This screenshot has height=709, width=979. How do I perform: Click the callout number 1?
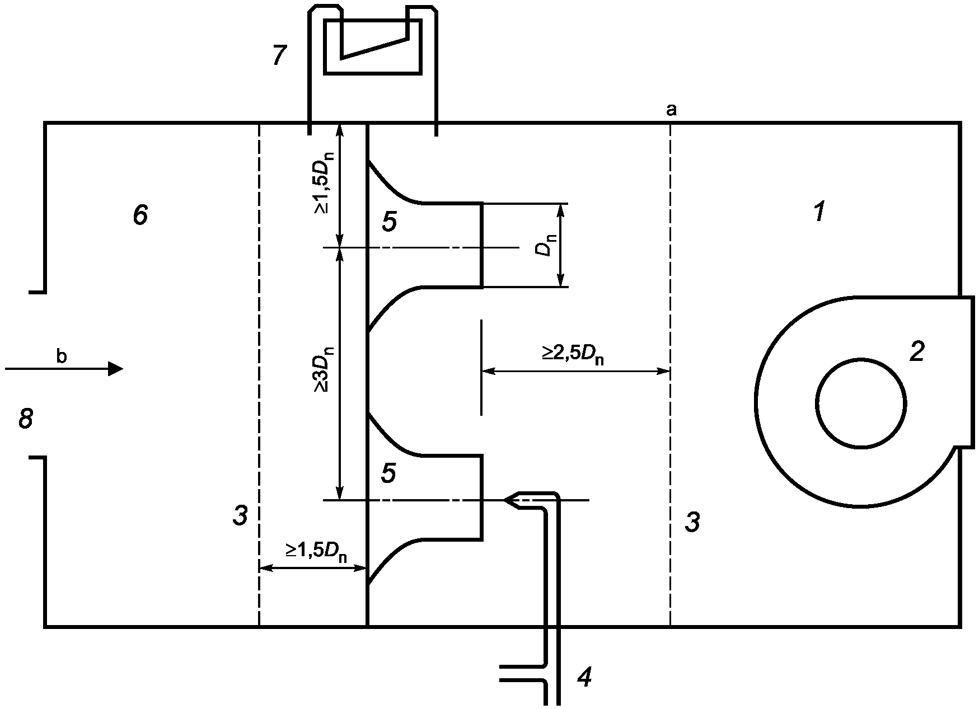819,212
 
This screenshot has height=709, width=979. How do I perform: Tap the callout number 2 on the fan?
916,351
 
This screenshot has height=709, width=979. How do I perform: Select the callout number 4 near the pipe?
584,678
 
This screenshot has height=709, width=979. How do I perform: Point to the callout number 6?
140,215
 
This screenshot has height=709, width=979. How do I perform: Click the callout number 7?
279,56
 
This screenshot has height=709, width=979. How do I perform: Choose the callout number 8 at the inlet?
26,419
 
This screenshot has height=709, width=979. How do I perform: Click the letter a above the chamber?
671,110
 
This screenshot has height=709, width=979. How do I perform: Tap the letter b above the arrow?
62,356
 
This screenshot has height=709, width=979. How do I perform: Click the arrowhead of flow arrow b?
116,368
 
